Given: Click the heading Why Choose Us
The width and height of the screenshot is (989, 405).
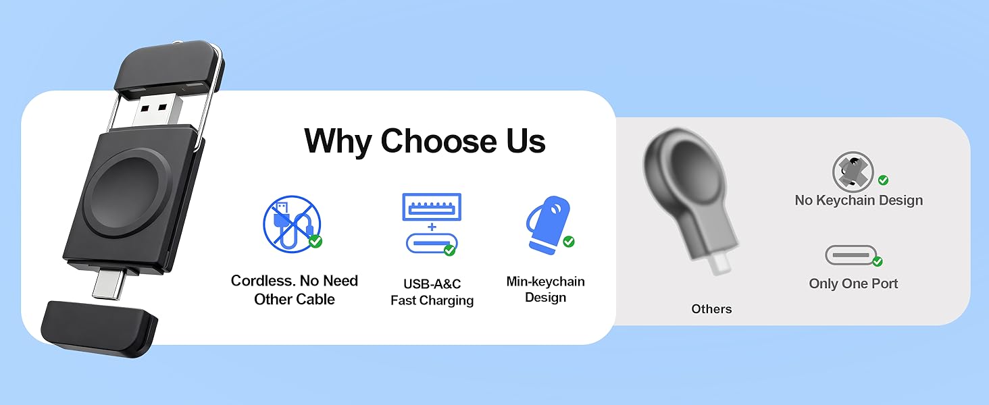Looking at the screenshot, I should click(x=425, y=141).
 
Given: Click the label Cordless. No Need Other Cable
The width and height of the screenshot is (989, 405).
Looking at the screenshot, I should click(x=295, y=290).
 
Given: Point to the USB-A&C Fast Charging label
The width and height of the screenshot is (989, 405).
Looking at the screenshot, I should click(x=432, y=292).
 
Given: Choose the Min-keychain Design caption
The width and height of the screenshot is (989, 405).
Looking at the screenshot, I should click(x=545, y=290).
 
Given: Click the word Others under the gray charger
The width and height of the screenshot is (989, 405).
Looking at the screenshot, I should click(x=711, y=309).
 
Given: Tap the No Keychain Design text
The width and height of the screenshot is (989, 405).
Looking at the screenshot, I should click(x=859, y=200).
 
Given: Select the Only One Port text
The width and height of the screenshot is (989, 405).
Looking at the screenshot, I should click(x=853, y=283).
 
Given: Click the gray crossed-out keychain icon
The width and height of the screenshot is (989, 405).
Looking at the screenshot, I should click(x=853, y=171).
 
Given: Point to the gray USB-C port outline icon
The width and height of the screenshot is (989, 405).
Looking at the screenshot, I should click(x=850, y=255).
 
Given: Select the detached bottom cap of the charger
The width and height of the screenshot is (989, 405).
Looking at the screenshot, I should click(x=99, y=328).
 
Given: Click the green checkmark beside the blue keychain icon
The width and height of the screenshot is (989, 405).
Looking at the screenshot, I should click(x=569, y=242).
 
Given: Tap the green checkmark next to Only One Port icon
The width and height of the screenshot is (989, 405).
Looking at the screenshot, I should click(x=878, y=261).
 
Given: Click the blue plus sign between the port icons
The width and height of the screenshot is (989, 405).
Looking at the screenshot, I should click(x=432, y=226).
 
